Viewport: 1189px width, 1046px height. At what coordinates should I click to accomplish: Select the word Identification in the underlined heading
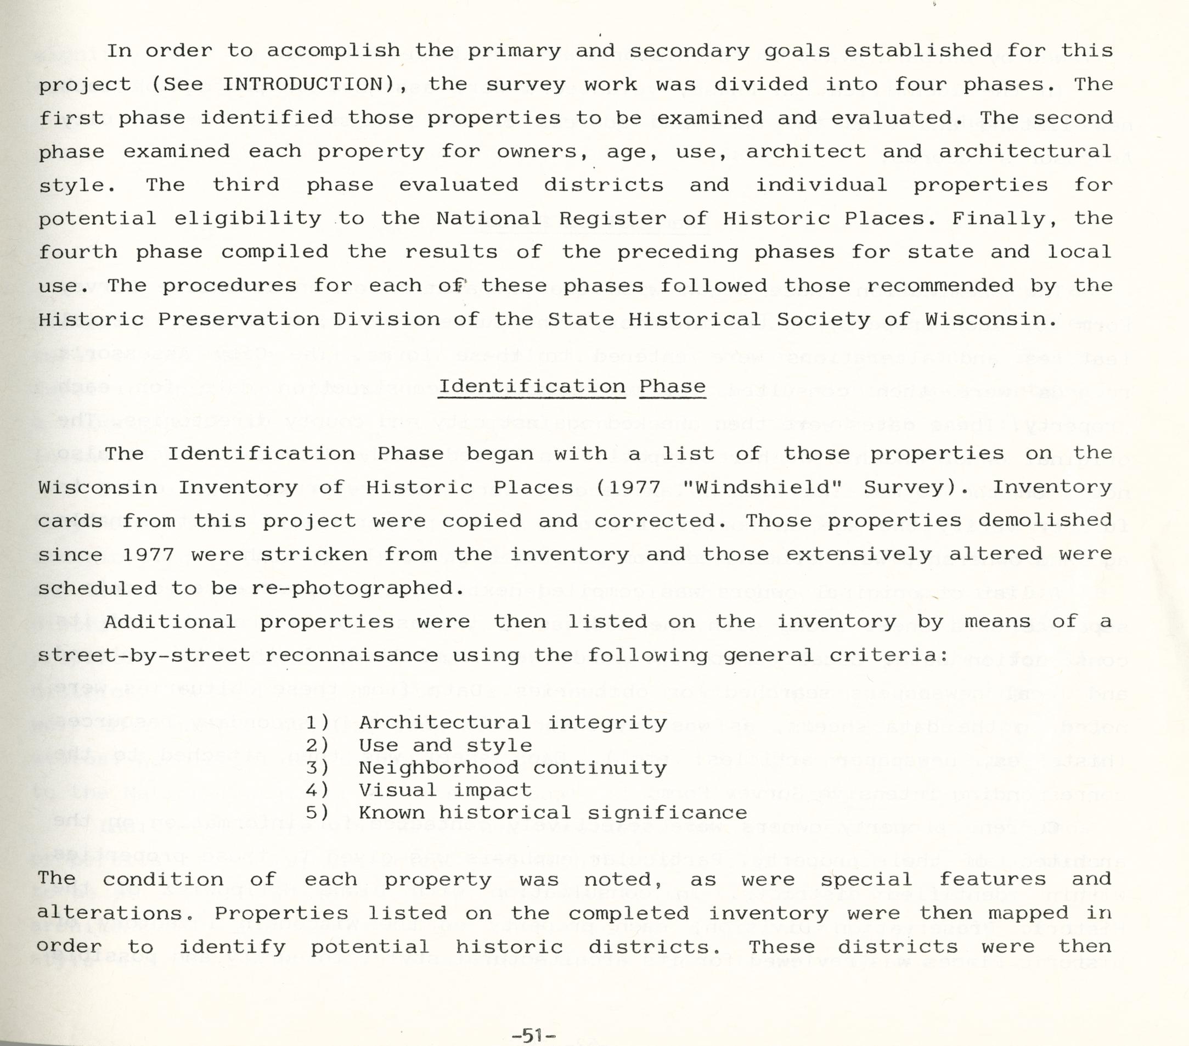click(x=532, y=386)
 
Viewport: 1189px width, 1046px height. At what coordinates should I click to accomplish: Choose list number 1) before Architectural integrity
click(x=318, y=723)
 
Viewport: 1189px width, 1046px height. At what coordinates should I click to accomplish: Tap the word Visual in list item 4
click(x=397, y=790)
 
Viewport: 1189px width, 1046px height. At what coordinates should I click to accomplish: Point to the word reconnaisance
click(x=351, y=656)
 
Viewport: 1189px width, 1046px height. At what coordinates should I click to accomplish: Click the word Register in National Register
click(x=612, y=219)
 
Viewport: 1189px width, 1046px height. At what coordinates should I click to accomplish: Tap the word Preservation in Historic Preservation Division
click(x=239, y=319)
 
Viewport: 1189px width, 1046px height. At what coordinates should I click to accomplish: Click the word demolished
click(x=1045, y=520)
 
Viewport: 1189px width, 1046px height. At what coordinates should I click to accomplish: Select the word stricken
click(x=313, y=554)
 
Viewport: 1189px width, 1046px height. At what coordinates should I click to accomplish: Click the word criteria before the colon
click(x=883, y=656)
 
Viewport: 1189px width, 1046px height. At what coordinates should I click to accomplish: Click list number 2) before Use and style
click(x=318, y=745)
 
